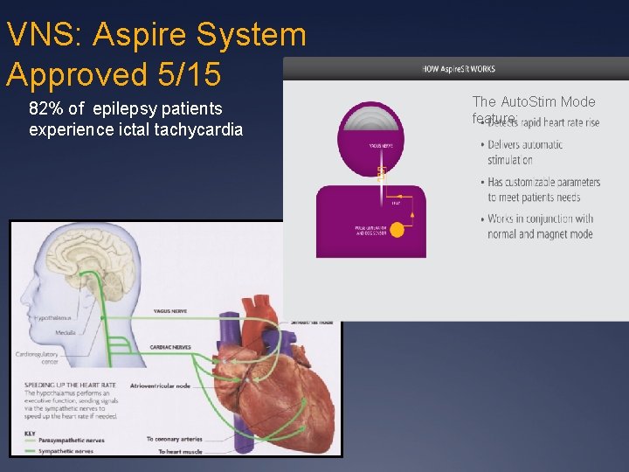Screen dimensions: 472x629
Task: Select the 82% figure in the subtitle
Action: [45, 109]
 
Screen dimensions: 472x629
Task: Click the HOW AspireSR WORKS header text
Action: [458, 69]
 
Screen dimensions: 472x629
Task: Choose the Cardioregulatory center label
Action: [38, 357]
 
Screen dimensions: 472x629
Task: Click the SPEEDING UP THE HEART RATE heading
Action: [66, 384]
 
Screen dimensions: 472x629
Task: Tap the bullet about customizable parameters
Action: [543, 190]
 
